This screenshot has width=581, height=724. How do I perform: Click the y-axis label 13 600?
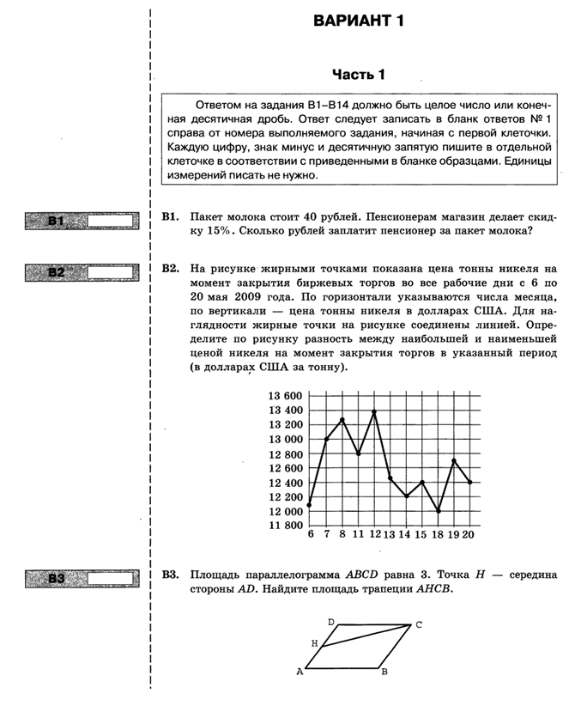[x=285, y=396]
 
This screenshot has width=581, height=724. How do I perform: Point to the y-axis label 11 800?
[x=285, y=526]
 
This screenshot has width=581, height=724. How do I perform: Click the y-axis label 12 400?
[x=285, y=483]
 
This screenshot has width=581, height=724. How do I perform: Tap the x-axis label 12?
[x=373, y=535]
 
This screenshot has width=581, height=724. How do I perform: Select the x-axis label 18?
[x=438, y=535]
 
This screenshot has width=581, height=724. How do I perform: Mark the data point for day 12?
[x=374, y=412]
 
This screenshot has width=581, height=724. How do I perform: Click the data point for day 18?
[x=438, y=511]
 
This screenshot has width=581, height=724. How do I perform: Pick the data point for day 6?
[x=309, y=504]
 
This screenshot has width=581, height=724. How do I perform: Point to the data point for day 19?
[x=454, y=461]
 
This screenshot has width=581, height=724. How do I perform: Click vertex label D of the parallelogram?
[x=330, y=621]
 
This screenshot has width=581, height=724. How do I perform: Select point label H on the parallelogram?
[x=314, y=643]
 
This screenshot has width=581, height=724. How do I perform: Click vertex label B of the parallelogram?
[x=385, y=672]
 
